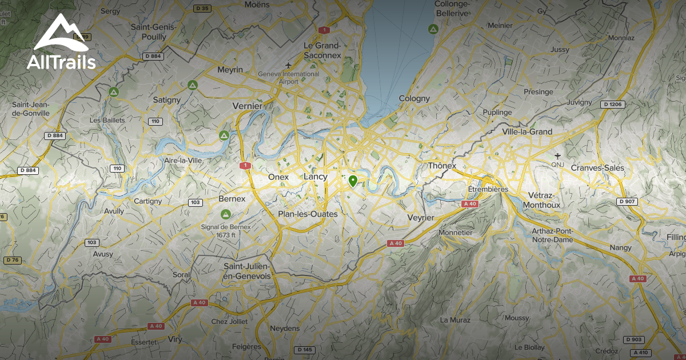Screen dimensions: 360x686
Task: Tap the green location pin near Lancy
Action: (353, 181)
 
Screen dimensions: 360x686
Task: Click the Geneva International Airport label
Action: (289, 78)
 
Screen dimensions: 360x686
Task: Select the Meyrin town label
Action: (230, 70)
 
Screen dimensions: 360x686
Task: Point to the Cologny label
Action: (414, 98)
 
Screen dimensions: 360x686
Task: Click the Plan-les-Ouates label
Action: (308, 214)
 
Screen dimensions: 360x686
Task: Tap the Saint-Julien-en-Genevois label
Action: (247, 271)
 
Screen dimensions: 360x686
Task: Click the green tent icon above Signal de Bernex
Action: (226, 214)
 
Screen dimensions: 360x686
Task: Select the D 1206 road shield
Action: (613, 105)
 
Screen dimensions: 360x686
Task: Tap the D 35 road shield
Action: (201, 8)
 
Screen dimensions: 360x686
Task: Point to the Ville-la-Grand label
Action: (527, 131)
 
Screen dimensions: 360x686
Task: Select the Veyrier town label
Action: (421, 218)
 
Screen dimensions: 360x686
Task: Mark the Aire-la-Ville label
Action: (183, 161)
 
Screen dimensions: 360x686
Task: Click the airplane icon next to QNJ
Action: (558, 155)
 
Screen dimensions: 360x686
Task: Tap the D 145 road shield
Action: (306, 350)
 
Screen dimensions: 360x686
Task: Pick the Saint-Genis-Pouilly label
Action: (154, 31)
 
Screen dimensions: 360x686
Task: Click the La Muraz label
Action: (455, 320)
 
